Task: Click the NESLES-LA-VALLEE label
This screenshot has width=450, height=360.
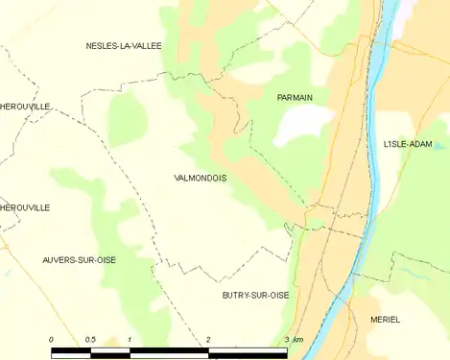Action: [124, 45]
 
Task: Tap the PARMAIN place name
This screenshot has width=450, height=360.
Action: [295, 97]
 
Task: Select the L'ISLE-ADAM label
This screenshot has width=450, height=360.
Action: [408, 144]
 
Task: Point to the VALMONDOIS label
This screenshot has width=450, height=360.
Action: [201, 178]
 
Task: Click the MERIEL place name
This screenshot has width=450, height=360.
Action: [385, 320]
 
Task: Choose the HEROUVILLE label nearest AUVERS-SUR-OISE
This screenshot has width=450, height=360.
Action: [25, 207]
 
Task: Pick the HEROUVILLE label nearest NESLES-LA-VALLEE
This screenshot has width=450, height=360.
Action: [25, 106]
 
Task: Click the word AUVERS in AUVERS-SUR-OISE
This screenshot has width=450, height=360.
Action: [59, 260]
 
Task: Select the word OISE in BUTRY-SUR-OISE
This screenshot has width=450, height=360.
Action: [279, 296]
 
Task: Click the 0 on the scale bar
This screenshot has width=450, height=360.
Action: [51, 341]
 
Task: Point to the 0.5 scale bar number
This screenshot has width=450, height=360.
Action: [89, 341]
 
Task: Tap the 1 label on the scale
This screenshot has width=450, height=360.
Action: [129, 341]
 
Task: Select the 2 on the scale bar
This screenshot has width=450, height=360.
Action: [208, 341]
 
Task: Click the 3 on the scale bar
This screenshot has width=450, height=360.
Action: [286, 341]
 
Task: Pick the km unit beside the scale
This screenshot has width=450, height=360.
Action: [298, 341]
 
